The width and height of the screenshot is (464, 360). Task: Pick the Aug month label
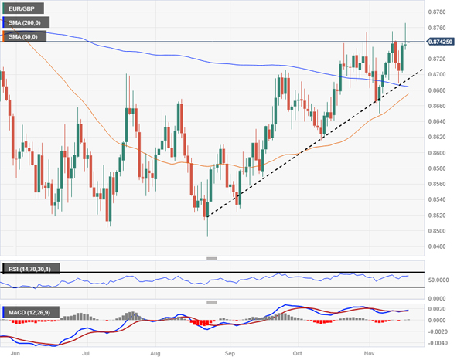click(156, 352)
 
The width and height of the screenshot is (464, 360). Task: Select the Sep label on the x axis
click(230, 352)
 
